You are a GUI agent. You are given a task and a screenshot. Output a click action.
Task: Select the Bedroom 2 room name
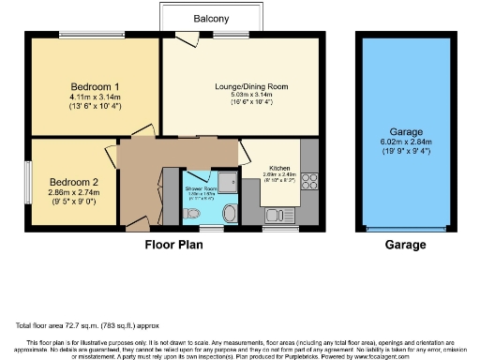[71, 180]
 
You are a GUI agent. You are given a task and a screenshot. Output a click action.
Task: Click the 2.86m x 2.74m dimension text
[71, 191]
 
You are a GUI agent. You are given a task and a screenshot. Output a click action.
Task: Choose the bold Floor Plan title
[173, 246]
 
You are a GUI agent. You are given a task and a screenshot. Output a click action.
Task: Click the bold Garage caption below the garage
[404, 246]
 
